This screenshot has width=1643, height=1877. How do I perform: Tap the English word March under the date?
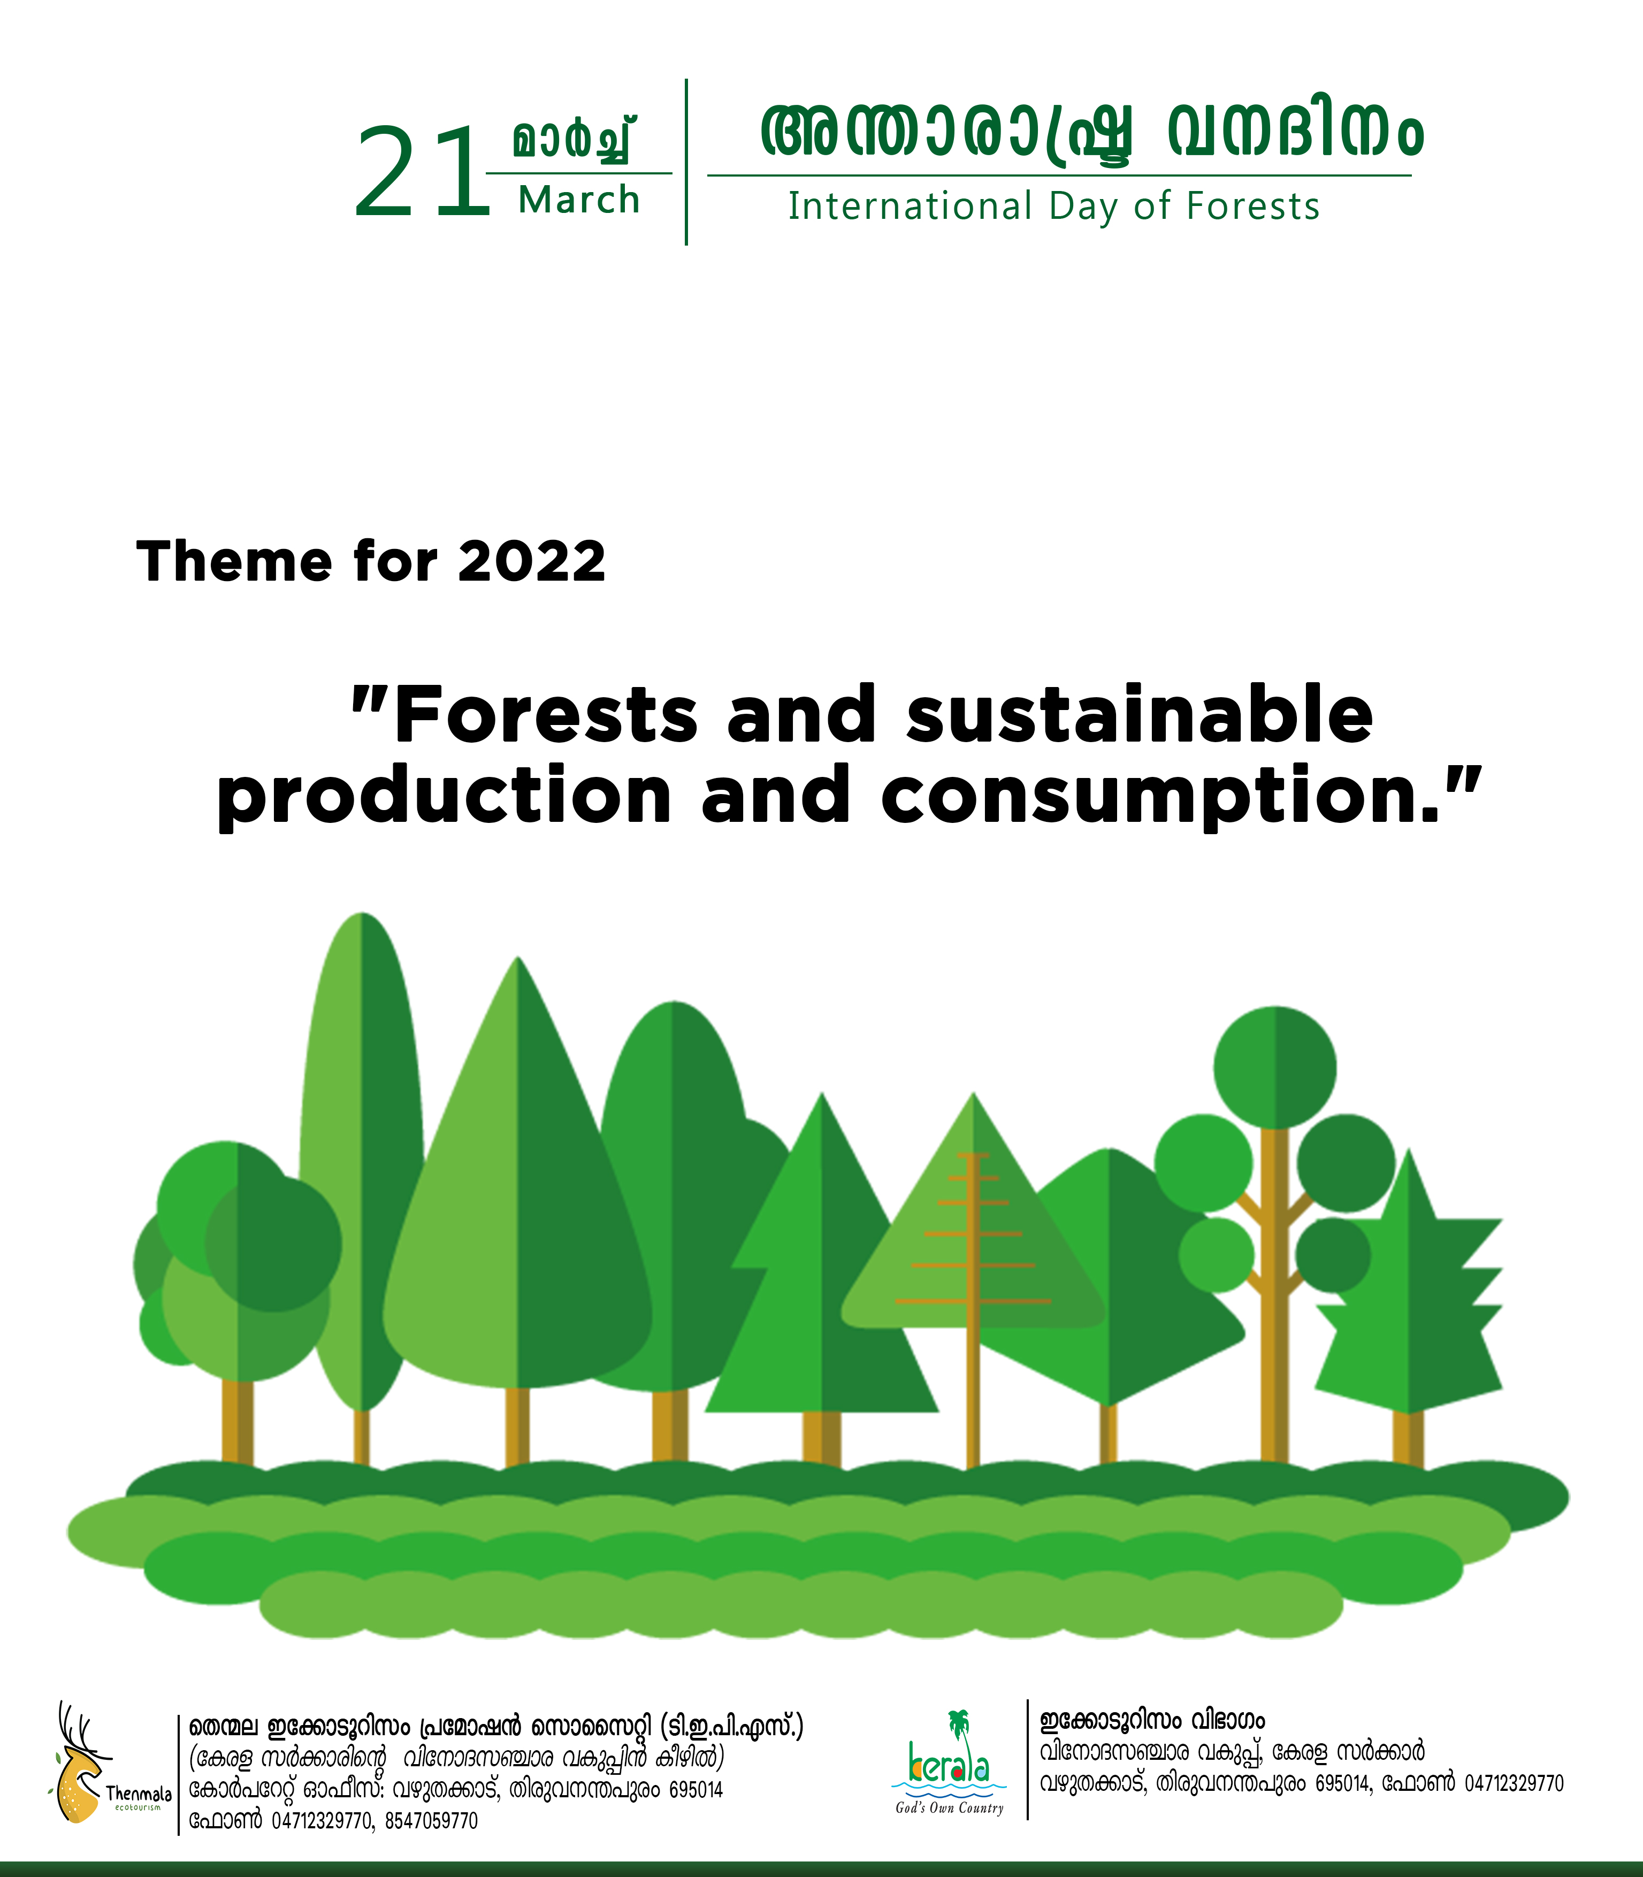(579, 200)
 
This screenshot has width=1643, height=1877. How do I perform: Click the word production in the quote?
(445, 796)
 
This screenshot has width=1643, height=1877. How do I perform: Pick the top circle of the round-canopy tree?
(1274, 1067)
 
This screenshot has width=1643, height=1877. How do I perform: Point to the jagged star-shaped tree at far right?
(1408, 1284)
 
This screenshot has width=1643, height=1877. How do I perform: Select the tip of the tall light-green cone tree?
(518, 958)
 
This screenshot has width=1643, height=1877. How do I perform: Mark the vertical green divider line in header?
(686, 162)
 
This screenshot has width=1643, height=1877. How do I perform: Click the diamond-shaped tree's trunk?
(1109, 1435)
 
